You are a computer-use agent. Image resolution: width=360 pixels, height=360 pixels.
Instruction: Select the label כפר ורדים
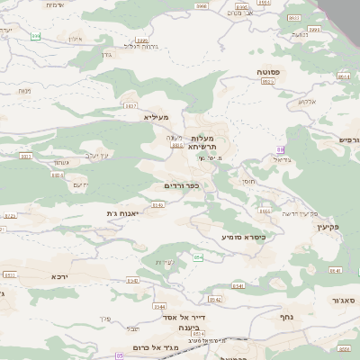(x=181, y=185)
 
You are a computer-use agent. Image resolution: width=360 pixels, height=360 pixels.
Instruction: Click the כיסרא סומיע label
(x=243, y=237)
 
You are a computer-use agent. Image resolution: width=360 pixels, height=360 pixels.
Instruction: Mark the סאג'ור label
(x=345, y=300)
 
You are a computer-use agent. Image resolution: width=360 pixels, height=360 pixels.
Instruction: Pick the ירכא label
(x=60, y=276)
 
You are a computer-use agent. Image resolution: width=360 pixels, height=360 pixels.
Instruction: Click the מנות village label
(x=25, y=91)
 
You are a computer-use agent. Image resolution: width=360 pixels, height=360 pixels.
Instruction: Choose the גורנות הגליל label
(x=141, y=47)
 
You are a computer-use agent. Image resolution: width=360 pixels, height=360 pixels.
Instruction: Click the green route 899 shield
(x=35, y=36)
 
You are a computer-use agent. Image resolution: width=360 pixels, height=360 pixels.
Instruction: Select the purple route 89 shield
(x=281, y=149)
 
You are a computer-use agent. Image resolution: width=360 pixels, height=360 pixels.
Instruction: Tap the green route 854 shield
(x=198, y=257)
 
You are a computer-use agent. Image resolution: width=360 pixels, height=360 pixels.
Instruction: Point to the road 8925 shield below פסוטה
(x=267, y=82)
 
